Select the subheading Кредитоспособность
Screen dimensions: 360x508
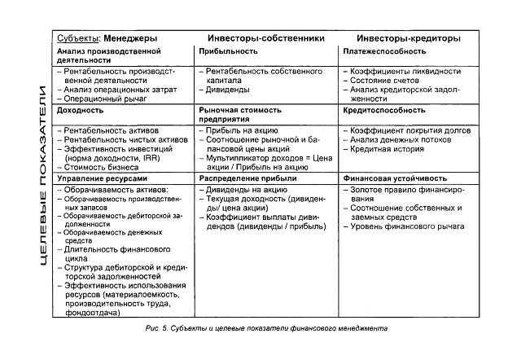click(383, 108)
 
